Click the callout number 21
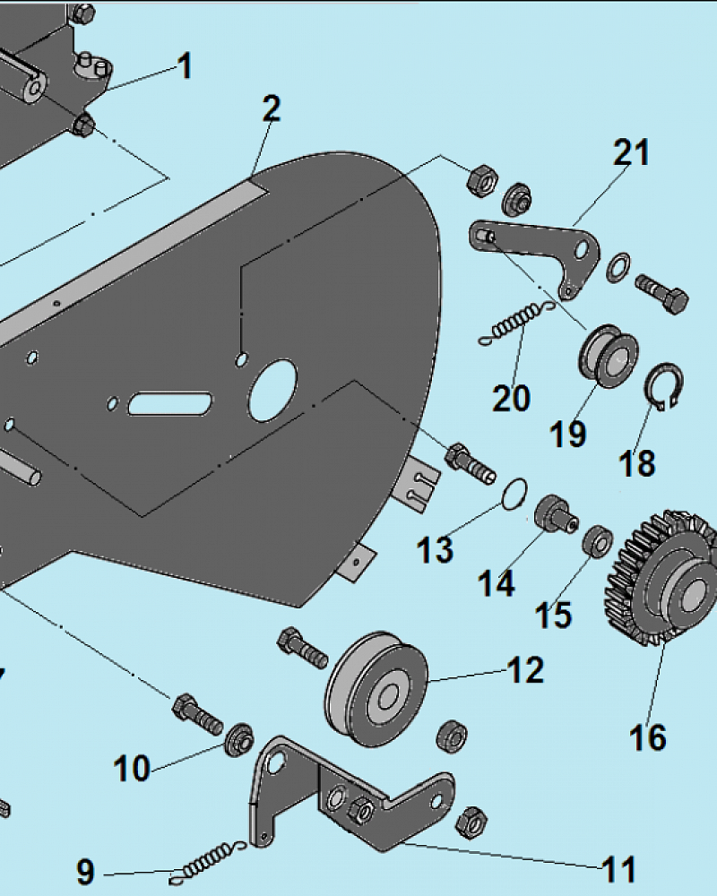632,152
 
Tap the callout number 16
648,737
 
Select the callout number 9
85,872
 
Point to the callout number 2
272,108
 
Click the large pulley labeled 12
376,688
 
